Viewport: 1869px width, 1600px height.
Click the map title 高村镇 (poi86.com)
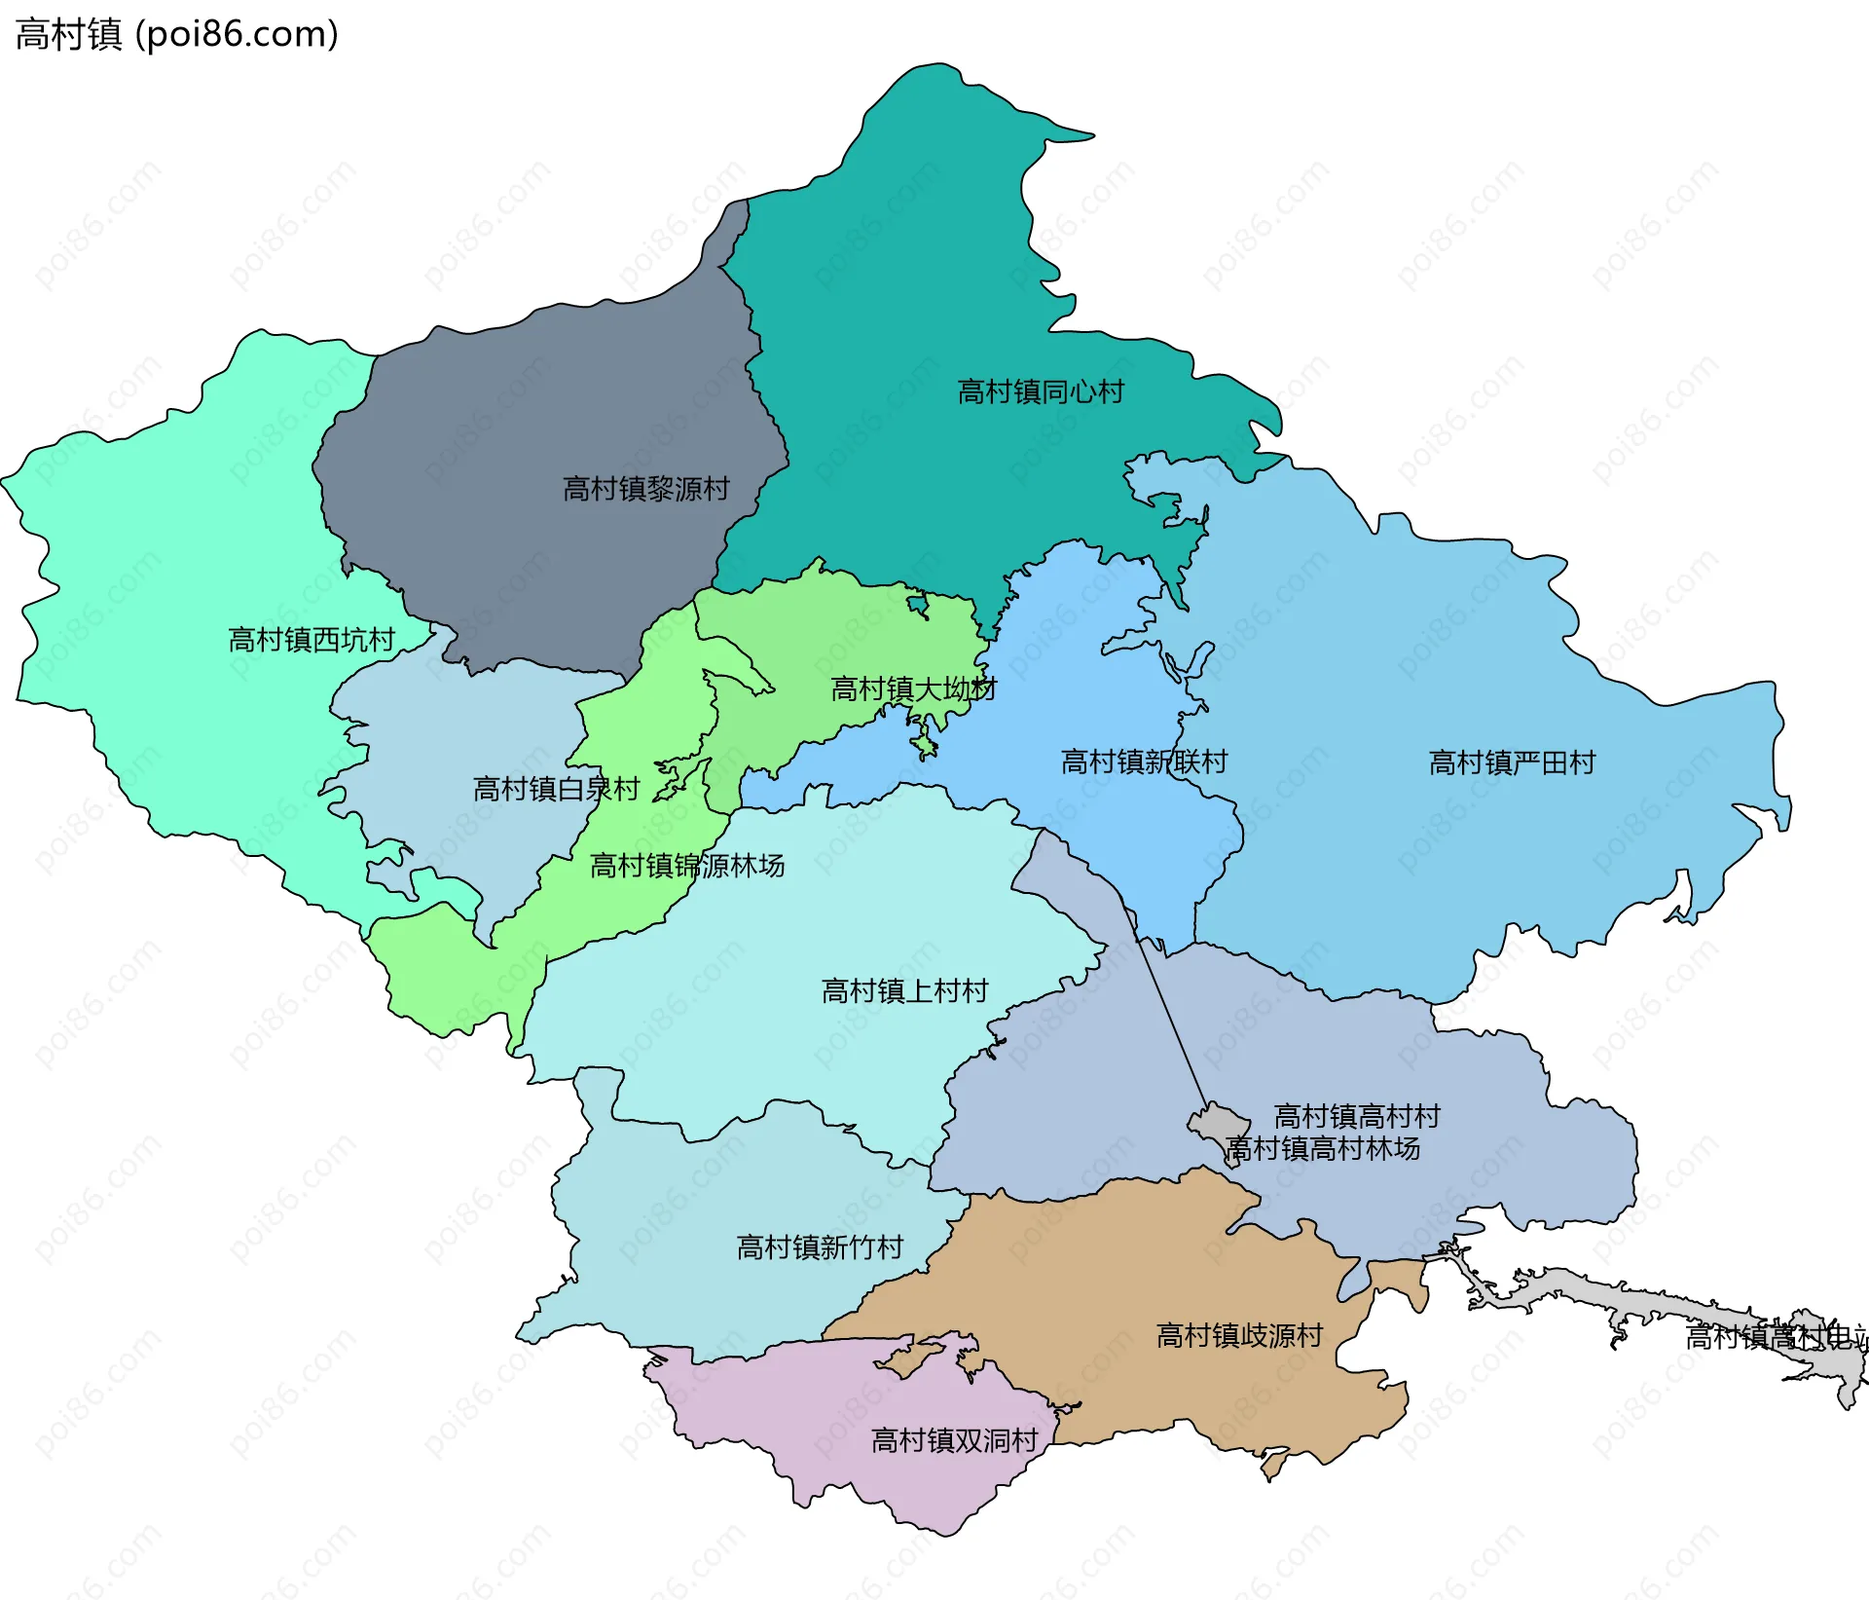pyautogui.click(x=177, y=34)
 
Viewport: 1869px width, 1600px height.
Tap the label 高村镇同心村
pyautogui.click(x=1041, y=391)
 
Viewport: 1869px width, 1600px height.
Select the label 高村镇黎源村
pyautogui.click(x=646, y=488)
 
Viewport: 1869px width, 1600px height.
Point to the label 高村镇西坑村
pyautogui.click(x=311, y=639)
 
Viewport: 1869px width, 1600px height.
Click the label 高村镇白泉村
pyautogui.click(x=556, y=788)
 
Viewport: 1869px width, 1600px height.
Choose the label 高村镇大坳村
pyautogui.click(x=913, y=688)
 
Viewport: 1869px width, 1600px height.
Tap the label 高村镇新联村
pyautogui.click(x=1144, y=761)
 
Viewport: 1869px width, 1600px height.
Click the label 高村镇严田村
pyautogui.click(x=1512, y=762)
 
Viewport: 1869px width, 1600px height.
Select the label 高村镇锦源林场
pyautogui.click(x=687, y=865)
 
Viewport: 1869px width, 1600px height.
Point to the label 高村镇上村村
pyautogui.click(x=904, y=990)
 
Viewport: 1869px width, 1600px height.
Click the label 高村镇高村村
pyautogui.click(x=1357, y=1115)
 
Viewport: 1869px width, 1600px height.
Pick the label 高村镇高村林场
pyautogui.click(x=1323, y=1148)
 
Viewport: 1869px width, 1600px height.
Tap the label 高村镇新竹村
pyautogui.click(x=820, y=1247)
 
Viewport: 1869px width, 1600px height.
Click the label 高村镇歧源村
pyautogui.click(x=1239, y=1335)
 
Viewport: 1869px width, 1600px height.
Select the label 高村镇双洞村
pyautogui.click(x=954, y=1440)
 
